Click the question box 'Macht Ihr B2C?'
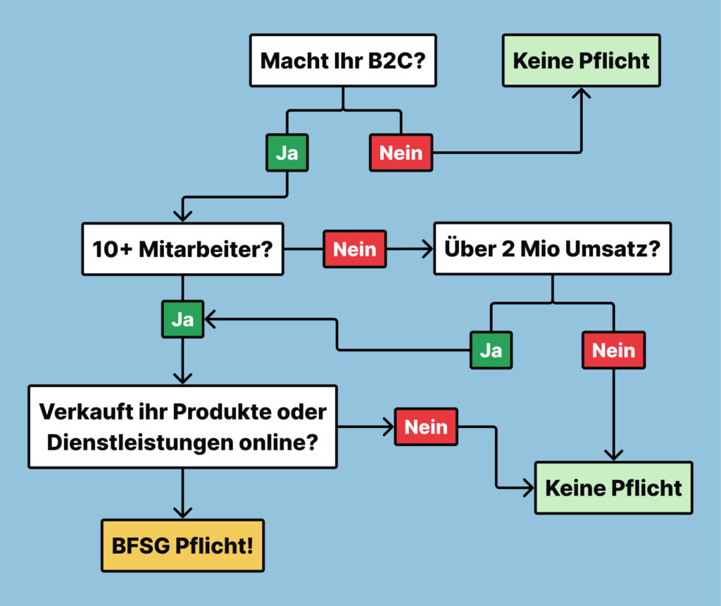[x=342, y=61]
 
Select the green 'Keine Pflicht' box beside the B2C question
[x=581, y=61]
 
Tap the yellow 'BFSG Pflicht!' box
[x=182, y=545]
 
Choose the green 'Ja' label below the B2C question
[x=287, y=152]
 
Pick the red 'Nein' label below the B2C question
[x=401, y=152]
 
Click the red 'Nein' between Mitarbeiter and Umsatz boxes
[x=354, y=248]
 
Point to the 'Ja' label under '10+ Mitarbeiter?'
[x=182, y=320]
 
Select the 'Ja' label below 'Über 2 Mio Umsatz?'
[x=491, y=350]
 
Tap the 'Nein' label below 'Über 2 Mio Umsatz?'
[x=613, y=350]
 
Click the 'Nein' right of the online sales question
[x=426, y=427]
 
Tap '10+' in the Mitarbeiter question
[x=111, y=248]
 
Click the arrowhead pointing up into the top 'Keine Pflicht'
[x=581, y=94]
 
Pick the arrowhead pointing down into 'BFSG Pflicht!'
[x=182, y=513]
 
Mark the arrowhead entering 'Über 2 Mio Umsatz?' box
[x=427, y=248]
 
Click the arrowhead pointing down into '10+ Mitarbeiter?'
[x=183, y=215]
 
